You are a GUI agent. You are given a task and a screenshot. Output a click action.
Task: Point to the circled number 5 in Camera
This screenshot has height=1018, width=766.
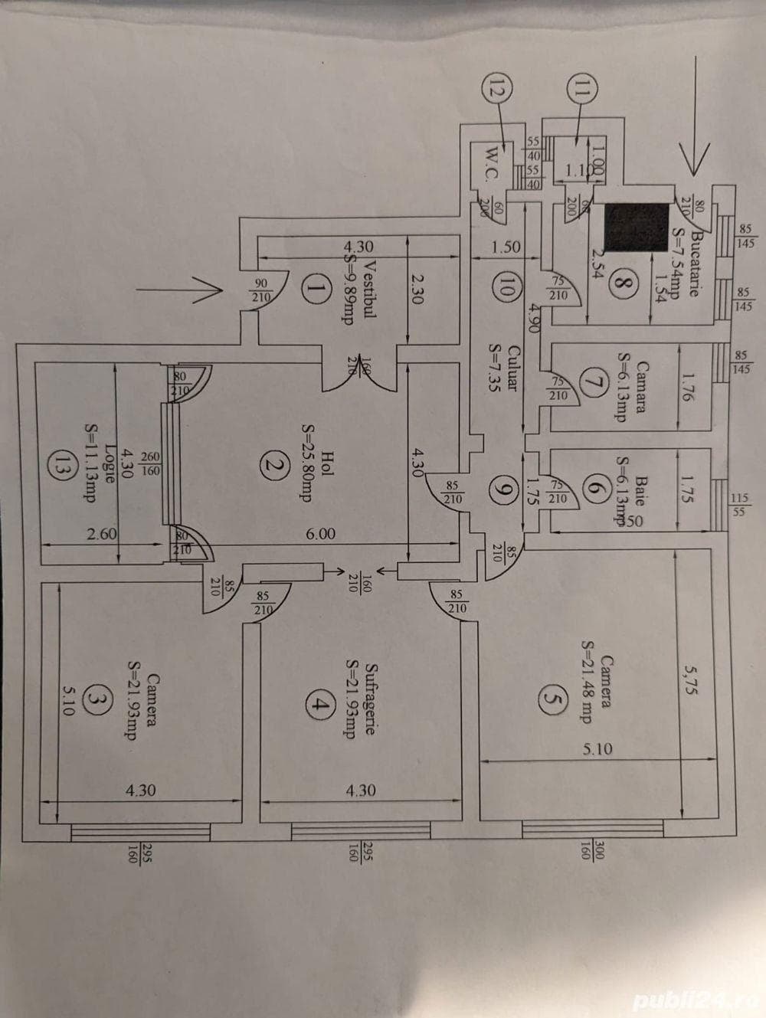(554, 699)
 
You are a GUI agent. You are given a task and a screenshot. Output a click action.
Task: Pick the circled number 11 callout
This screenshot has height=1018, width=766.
(581, 88)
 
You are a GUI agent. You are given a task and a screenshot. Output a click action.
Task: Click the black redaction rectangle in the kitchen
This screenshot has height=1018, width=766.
(636, 228)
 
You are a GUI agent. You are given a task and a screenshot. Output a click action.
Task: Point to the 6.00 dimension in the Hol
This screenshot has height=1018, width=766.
(320, 534)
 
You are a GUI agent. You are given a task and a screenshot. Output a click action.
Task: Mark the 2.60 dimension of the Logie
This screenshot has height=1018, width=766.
(100, 534)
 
